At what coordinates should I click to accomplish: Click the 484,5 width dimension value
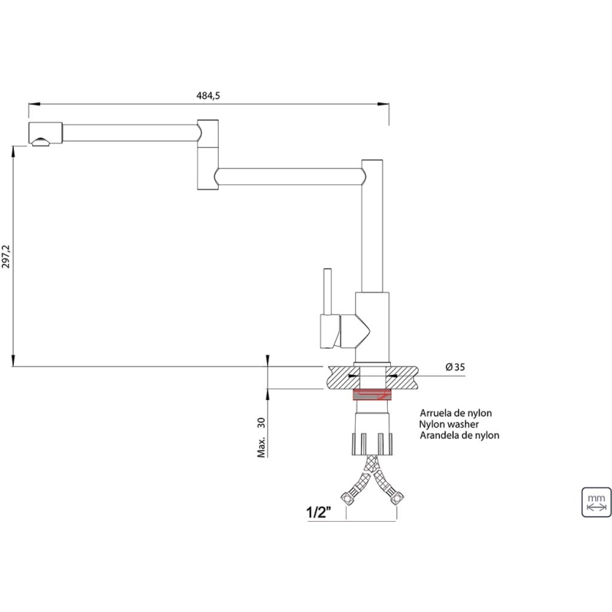[x=208, y=96]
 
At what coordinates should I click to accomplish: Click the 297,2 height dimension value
[x=6, y=256]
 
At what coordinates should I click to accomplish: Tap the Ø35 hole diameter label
[x=455, y=367]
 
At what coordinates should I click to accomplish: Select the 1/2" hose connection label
[x=318, y=512]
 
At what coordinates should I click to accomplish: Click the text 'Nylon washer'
[x=449, y=425]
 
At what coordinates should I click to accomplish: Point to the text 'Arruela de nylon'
[x=455, y=413]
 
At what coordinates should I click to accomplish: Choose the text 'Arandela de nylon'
[x=460, y=435]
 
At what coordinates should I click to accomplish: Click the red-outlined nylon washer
[x=372, y=395]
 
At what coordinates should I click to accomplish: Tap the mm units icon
[x=596, y=502]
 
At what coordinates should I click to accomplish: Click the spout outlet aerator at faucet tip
[x=41, y=142]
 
